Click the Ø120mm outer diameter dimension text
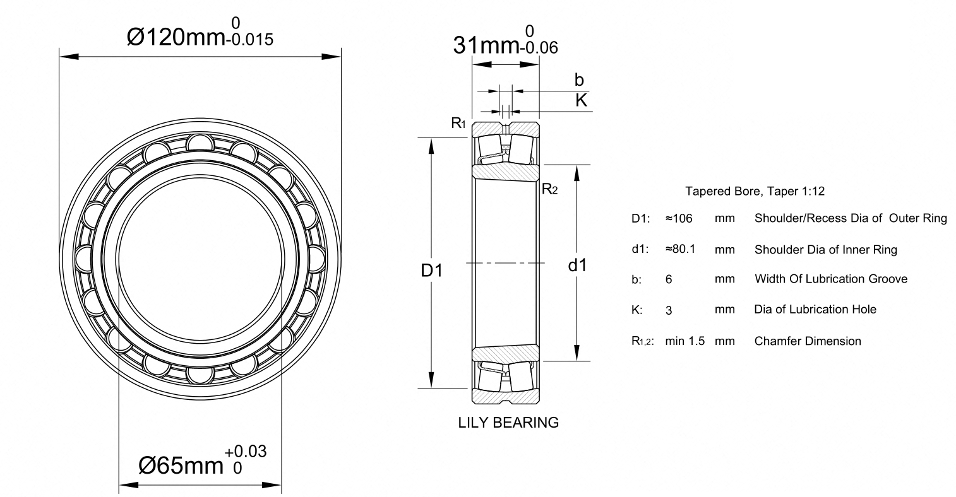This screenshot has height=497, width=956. (x=176, y=37)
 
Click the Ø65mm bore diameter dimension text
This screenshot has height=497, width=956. (x=181, y=465)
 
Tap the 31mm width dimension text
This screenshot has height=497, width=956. (x=486, y=45)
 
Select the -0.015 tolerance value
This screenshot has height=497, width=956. (x=250, y=40)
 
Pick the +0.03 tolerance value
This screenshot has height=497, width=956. (x=246, y=451)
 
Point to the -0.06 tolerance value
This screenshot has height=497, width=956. (x=539, y=48)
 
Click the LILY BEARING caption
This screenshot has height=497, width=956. (x=508, y=423)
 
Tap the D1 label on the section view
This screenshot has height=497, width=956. (x=431, y=270)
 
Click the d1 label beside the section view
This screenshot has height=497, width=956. (x=577, y=265)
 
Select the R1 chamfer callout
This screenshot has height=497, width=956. (x=458, y=123)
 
